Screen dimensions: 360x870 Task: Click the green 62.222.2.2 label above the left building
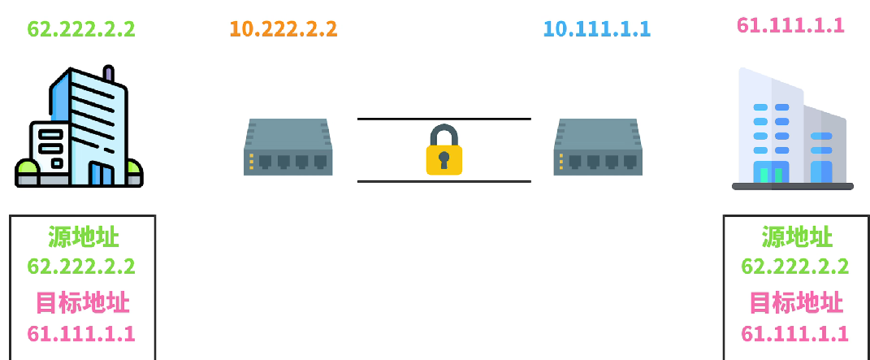(81, 29)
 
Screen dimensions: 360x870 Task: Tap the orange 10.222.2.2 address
(283, 29)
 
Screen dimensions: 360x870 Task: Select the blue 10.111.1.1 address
(597, 29)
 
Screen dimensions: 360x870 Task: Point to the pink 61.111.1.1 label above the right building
(790, 25)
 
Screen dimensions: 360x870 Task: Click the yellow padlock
(444, 150)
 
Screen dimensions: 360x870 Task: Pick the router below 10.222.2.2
(288, 147)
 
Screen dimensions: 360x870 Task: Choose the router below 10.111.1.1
(598, 147)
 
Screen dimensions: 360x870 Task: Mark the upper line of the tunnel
(444, 119)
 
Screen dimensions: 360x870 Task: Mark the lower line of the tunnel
(444, 181)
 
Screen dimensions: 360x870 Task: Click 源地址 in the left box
(83, 237)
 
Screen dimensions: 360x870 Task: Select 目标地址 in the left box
(83, 302)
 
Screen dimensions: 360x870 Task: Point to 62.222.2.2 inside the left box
(81, 267)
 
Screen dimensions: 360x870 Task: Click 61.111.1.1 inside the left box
(81, 333)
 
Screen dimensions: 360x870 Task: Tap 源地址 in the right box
(796, 237)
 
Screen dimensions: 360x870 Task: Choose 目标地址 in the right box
(796, 302)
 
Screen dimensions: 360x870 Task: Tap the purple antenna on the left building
(108, 75)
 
